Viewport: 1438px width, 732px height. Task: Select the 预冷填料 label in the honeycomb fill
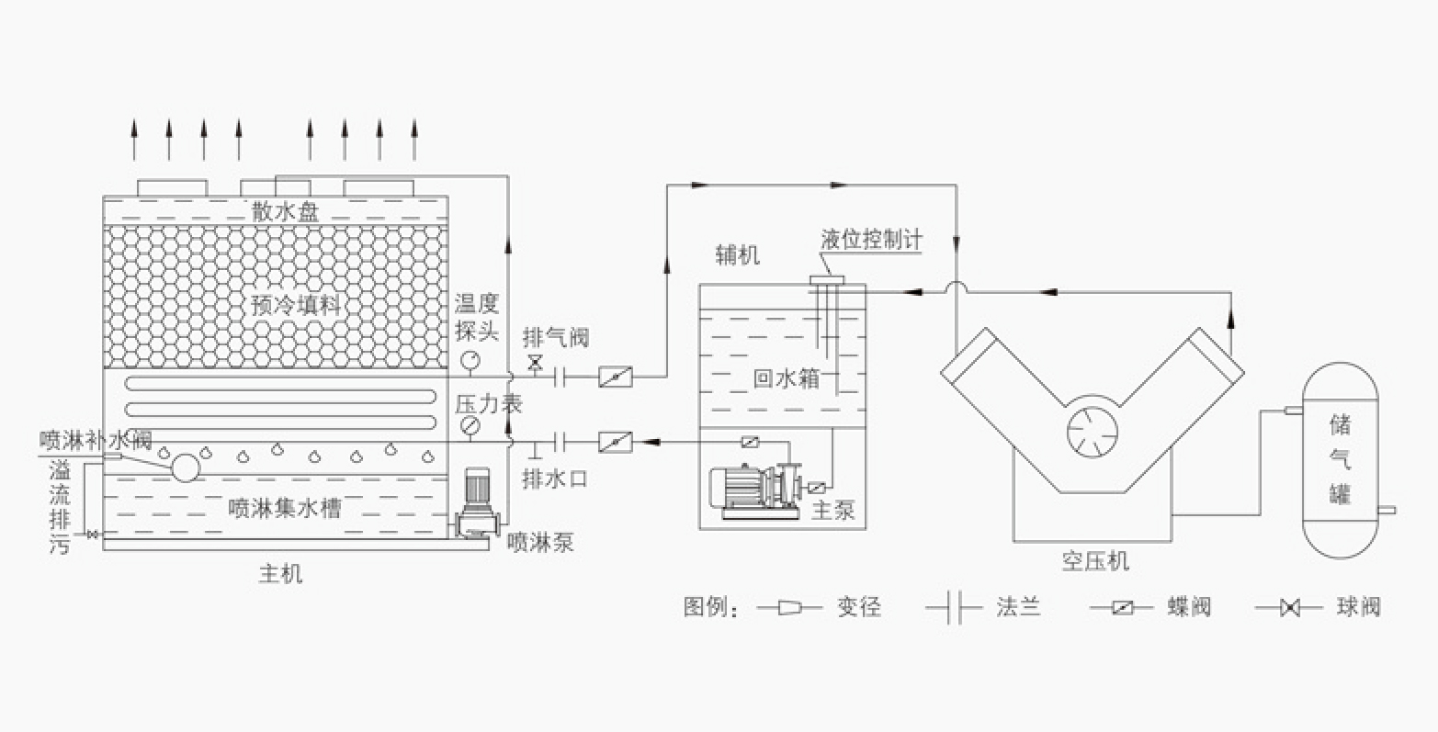tap(295, 305)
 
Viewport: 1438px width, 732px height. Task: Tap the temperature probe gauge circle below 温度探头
tap(470, 360)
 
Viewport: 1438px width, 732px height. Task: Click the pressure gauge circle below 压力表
tap(470, 425)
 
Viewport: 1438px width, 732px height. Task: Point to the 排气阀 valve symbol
tap(534, 364)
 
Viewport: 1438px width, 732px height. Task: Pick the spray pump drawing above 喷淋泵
tap(477, 503)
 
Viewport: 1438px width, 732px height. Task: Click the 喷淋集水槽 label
tap(285, 509)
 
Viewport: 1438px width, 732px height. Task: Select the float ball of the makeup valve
tap(186, 467)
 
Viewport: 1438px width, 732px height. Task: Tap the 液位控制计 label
tap(871, 240)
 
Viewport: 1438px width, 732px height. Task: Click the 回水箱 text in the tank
tap(786, 378)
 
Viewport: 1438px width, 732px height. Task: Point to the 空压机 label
tap(1094, 561)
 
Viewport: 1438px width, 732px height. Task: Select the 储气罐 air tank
tap(1340, 460)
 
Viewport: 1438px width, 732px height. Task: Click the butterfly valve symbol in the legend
tap(1122, 607)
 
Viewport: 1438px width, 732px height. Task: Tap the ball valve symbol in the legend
tap(1289, 607)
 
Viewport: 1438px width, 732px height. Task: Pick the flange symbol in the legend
tap(954, 607)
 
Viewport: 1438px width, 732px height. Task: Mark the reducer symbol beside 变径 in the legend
tap(789, 607)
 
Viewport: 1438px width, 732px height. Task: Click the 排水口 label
tap(555, 479)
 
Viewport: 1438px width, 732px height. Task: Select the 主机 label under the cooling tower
tap(280, 573)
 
